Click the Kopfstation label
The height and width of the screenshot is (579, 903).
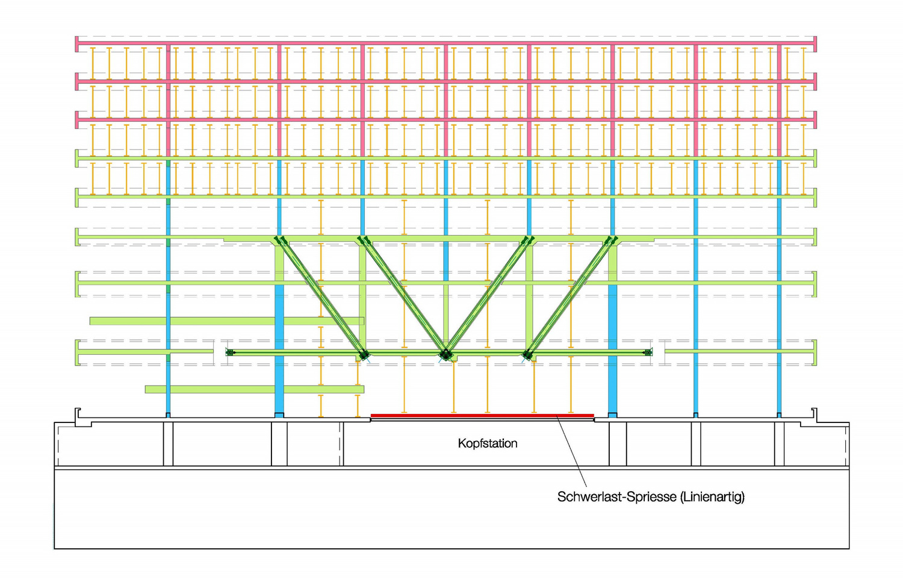488,443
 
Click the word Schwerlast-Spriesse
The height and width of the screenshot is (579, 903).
617,496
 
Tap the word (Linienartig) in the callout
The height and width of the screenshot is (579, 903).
712,496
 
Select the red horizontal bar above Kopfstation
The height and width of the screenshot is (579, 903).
482,415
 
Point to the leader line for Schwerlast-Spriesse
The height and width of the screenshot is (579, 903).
571,451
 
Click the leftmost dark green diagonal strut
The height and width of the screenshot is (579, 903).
321,298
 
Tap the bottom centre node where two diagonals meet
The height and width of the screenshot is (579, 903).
446,355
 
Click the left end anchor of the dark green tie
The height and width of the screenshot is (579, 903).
230,352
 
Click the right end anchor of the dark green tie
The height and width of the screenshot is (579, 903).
648,352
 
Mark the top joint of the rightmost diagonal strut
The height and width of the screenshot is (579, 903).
612,240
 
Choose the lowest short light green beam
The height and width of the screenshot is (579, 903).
255,389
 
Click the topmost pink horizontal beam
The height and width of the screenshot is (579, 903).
446,43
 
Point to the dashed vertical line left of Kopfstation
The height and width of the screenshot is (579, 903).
342,444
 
